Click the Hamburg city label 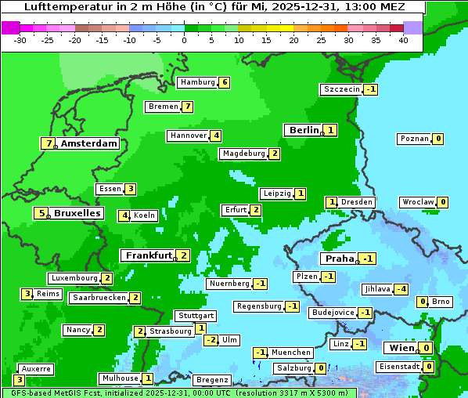pos(197,82)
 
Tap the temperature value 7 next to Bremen pos(188,107)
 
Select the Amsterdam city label pos(89,143)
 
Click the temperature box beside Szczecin pos(371,89)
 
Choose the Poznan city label pos(415,139)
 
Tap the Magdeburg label pos(243,154)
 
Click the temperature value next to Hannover pos(216,136)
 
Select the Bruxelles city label pos(77,212)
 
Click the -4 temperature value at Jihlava pos(401,289)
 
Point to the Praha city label pos(340,258)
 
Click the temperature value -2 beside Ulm pos(211,340)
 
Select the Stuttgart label pos(196,316)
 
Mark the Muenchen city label pos(291,353)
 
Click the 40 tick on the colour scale pos(403,40)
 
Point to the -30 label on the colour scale pos(21,40)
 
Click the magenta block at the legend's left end pos(10,27)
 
